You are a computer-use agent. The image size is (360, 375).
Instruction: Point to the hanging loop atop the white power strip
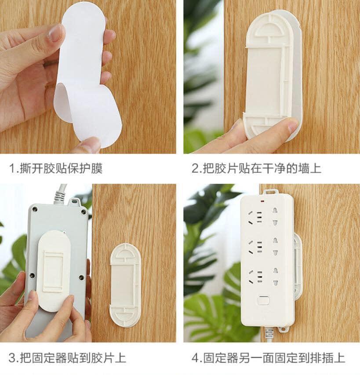pos(270,191)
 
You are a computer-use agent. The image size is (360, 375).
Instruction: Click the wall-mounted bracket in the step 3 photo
pos(124,285)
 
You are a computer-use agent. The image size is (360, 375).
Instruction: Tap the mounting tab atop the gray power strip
pos(75,201)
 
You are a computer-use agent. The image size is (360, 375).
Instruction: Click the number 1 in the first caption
pos(12,168)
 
